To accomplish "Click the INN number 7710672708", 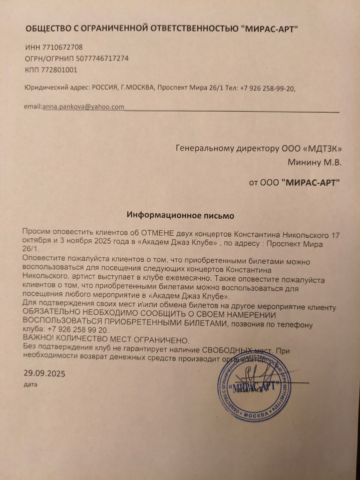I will pyautogui.click(x=63, y=47).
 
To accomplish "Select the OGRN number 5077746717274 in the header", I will pyautogui.click(x=102, y=58).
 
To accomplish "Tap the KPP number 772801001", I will pyautogui.click(x=59, y=70).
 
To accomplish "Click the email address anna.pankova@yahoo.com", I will pyautogui.click(x=83, y=107).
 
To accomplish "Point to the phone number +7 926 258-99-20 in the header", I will pyautogui.click(x=268, y=88).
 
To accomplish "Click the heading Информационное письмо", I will pyautogui.click(x=180, y=215).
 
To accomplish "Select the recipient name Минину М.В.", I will pyautogui.click(x=314, y=163).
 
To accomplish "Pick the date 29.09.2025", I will pyautogui.click(x=44, y=373).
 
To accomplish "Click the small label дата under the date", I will pyautogui.click(x=30, y=384).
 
